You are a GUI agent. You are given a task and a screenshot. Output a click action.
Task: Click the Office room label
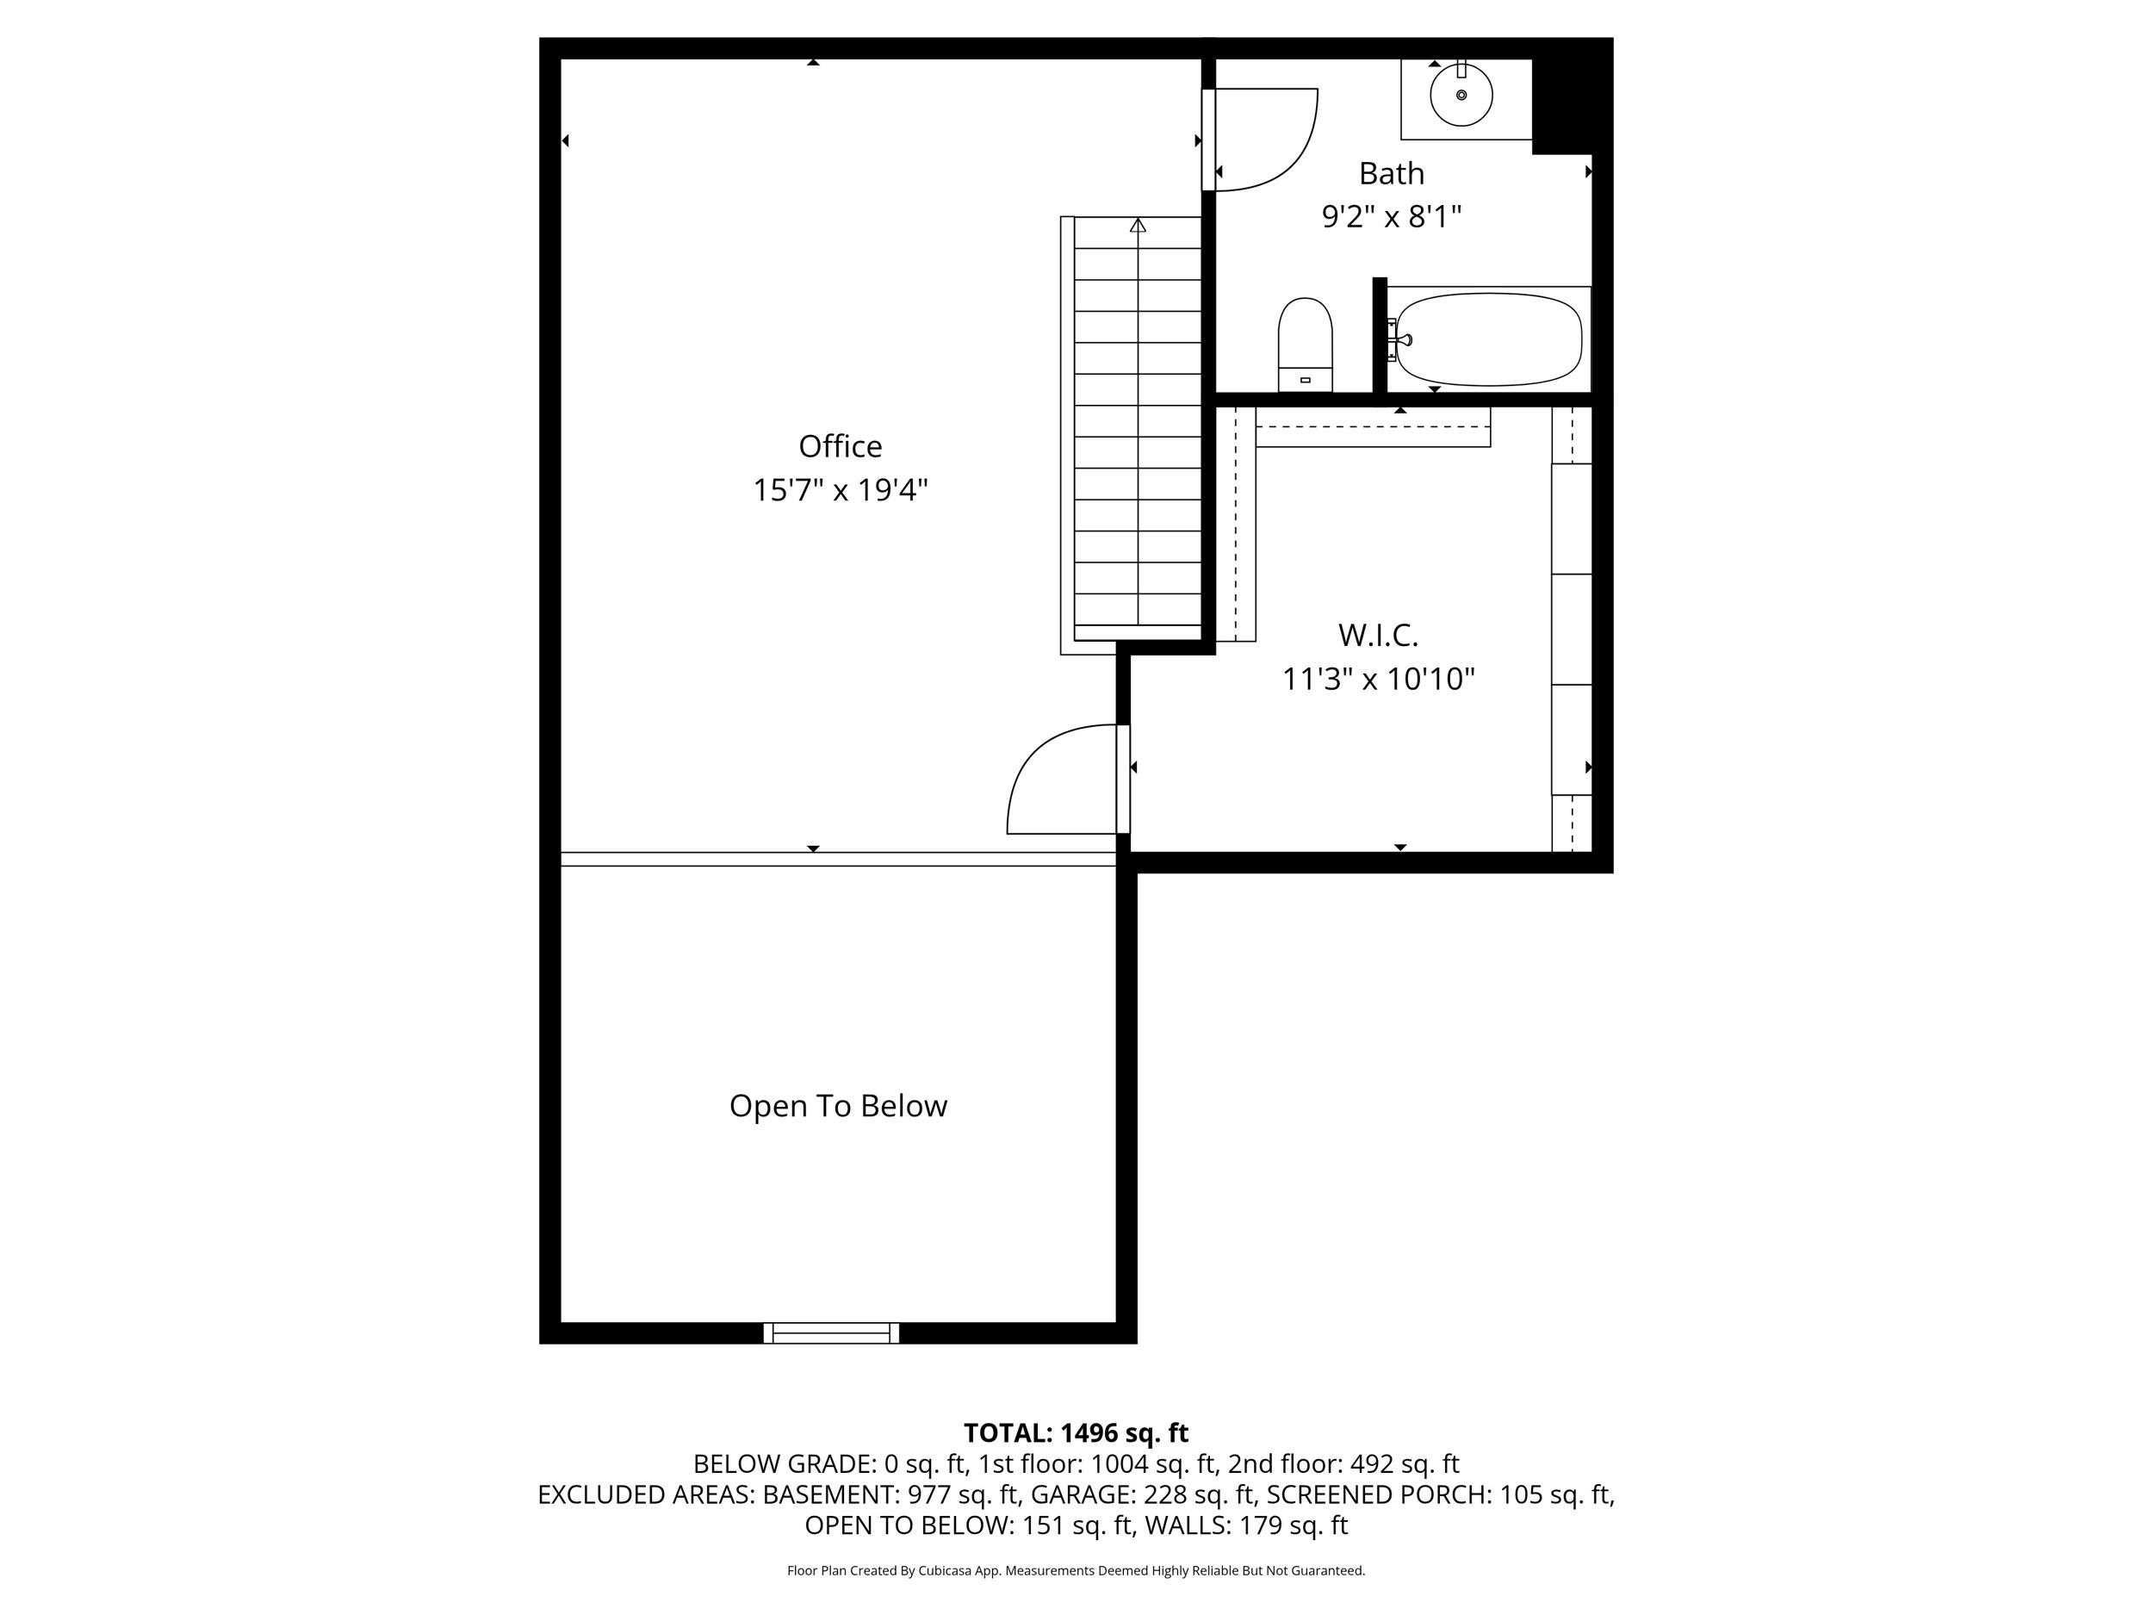click(840, 446)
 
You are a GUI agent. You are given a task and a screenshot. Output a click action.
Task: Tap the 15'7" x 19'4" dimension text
click(840, 489)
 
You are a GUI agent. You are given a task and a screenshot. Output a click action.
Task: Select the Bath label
click(1391, 173)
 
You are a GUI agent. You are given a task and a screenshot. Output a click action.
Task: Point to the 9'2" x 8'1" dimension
click(1391, 216)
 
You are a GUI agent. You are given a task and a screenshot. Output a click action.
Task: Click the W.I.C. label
click(1377, 635)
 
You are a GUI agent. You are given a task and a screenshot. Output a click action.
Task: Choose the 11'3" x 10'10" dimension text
click(1377, 679)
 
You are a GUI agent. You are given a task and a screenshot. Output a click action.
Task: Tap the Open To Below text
click(838, 1106)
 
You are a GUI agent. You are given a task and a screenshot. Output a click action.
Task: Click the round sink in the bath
click(1461, 96)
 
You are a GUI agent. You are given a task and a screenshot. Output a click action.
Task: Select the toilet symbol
click(1304, 344)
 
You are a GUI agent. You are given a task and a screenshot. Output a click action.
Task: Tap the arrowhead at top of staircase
click(1137, 226)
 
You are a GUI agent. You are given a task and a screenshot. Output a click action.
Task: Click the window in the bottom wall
click(831, 1332)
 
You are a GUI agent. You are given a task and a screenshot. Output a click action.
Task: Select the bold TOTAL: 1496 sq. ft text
click(1076, 1433)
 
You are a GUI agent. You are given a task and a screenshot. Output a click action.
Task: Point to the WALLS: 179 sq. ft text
click(1246, 1525)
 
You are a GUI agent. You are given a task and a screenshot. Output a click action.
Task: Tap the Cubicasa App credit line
click(1076, 1570)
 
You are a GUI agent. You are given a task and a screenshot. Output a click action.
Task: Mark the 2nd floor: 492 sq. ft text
click(1343, 1464)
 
